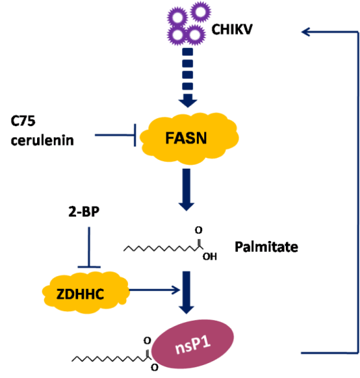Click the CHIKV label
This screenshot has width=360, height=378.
click(x=232, y=30)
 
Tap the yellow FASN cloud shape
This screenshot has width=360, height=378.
click(x=189, y=138)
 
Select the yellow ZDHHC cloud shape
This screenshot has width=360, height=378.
click(x=86, y=292)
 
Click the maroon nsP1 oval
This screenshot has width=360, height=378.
click(x=193, y=344)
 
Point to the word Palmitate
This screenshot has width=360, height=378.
click(x=266, y=247)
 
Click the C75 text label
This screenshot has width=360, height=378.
click(x=23, y=121)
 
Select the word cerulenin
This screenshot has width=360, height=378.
click(x=42, y=140)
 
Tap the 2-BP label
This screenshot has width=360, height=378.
click(x=84, y=212)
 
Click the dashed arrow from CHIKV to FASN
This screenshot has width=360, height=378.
click(x=187, y=78)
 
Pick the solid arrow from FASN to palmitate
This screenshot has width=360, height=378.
click(x=186, y=190)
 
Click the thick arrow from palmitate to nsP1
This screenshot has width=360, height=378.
click(x=186, y=292)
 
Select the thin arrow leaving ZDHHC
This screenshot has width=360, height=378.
click(x=154, y=290)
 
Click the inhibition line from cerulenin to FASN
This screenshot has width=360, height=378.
click(x=115, y=135)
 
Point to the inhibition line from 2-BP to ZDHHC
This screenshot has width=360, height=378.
click(x=89, y=247)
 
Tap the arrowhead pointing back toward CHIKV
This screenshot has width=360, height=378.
click(x=306, y=32)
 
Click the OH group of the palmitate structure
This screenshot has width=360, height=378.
click(x=210, y=256)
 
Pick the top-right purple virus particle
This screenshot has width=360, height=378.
click(x=201, y=11)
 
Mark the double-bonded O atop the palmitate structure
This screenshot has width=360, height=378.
click(x=199, y=230)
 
